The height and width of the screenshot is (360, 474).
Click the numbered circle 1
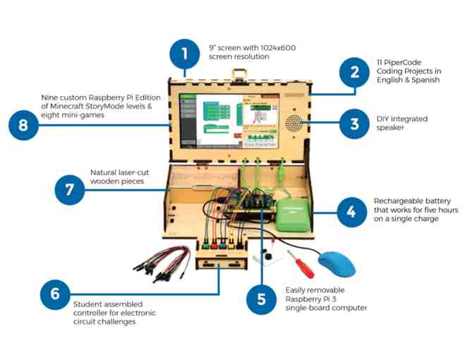[x=184, y=54]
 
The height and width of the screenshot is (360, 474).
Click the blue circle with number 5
[x=261, y=299]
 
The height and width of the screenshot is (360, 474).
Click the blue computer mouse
[x=337, y=264]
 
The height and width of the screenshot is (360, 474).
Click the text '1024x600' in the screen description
[x=252, y=47]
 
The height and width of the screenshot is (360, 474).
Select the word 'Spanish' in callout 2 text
[x=424, y=80]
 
